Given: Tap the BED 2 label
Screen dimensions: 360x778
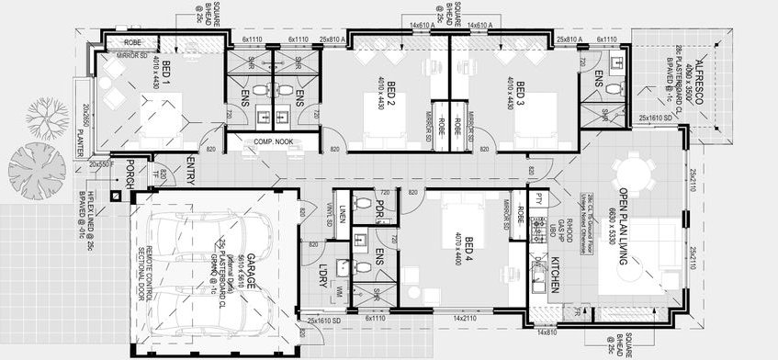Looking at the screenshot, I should pyautogui.click(x=390, y=95).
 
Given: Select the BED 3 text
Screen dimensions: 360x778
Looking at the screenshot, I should pyautogui.click(x=520, y=95).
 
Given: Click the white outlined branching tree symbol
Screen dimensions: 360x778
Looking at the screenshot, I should pyautogui.click(x=46, y=117).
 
